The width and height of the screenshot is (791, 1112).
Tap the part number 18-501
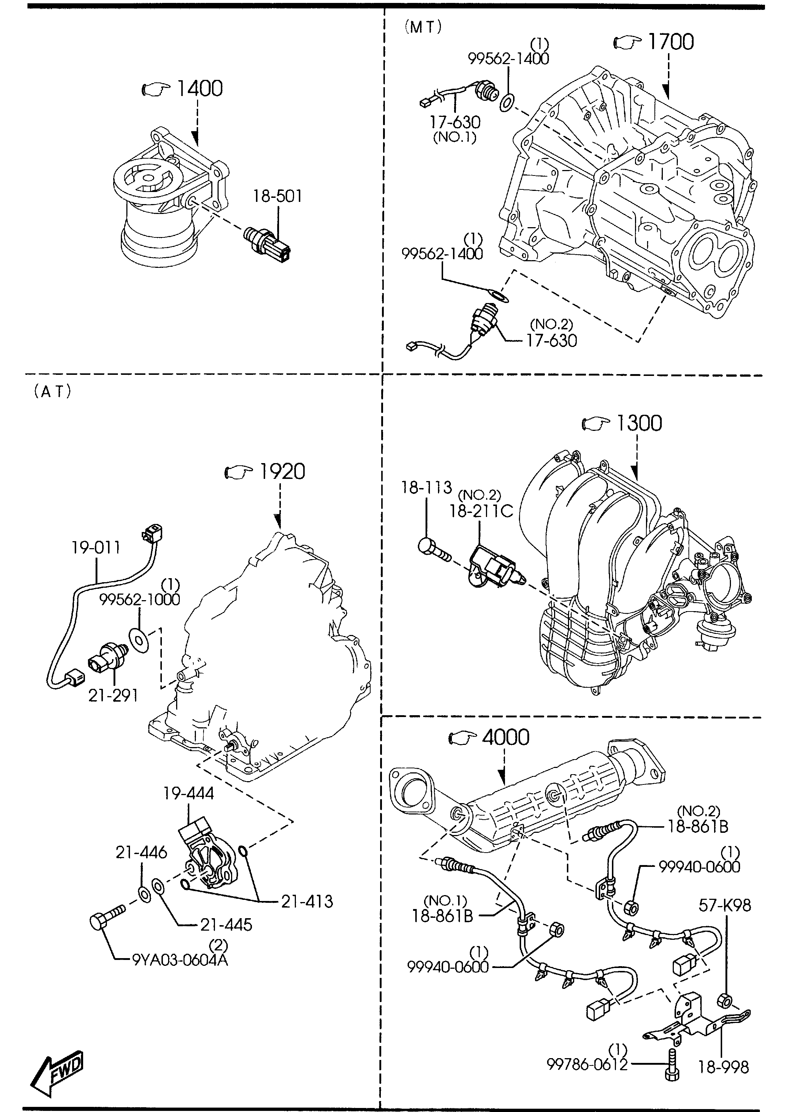[x=277, y=196]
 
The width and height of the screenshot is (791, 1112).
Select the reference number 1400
[x=199, y=88]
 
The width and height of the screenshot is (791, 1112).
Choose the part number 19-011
[x=96, y=548]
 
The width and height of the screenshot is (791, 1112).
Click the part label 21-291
[x=113, y=695]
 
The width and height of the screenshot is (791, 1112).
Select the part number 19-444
[x=189, y=793]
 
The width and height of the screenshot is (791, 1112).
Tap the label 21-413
[x=307, y=901]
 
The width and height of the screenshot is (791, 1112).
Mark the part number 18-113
[x=427, y=487]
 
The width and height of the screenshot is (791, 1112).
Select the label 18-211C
[x=481, y=511]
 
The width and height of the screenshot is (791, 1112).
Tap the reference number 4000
[x=506, y=737]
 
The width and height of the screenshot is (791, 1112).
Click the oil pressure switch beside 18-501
[x=267, y=242]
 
